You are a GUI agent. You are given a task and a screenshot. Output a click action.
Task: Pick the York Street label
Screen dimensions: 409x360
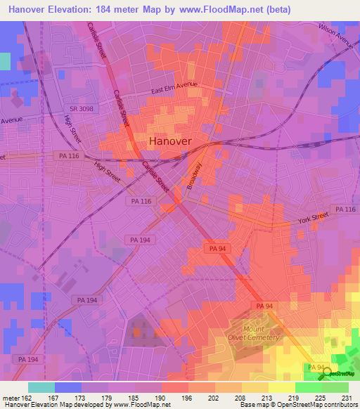[x=313, y=219]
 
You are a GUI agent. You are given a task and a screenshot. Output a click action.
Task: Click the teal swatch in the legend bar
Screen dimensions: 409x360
[x=41, y=387]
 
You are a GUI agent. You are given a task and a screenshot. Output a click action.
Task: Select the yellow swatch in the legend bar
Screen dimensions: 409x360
[x=281, y=387]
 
